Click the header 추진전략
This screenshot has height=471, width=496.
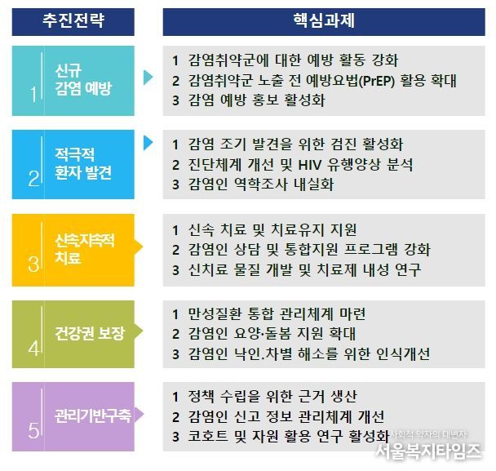tap(73, 20)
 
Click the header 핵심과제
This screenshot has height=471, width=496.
tap(324, 20)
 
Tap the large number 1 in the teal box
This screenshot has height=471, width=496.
tap(33, 95)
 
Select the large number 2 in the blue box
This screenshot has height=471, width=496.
tap(33, 179)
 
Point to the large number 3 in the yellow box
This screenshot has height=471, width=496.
tap(33, 264)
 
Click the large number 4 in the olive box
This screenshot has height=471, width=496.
tap(33, 349)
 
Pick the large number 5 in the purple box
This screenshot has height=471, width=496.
tap(33, 430)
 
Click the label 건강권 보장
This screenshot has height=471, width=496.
tap(90, 333)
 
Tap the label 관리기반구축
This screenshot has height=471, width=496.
tap(93, 415)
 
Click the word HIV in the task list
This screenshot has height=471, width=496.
tap(310, 165)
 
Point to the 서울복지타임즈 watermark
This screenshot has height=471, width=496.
tap(428, 451)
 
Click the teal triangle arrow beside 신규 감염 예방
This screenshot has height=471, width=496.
tap(148, 78)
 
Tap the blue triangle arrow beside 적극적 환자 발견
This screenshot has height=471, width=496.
tap(148, 143)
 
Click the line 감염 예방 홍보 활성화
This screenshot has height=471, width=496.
tap(256, 100)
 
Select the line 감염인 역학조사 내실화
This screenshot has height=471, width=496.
tap(261, 184)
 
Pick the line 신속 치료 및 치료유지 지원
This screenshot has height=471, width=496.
tap(272, 230)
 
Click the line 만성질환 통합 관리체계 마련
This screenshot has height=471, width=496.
tap(277, 314)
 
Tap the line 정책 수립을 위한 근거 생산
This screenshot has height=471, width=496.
tap(272, 396)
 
